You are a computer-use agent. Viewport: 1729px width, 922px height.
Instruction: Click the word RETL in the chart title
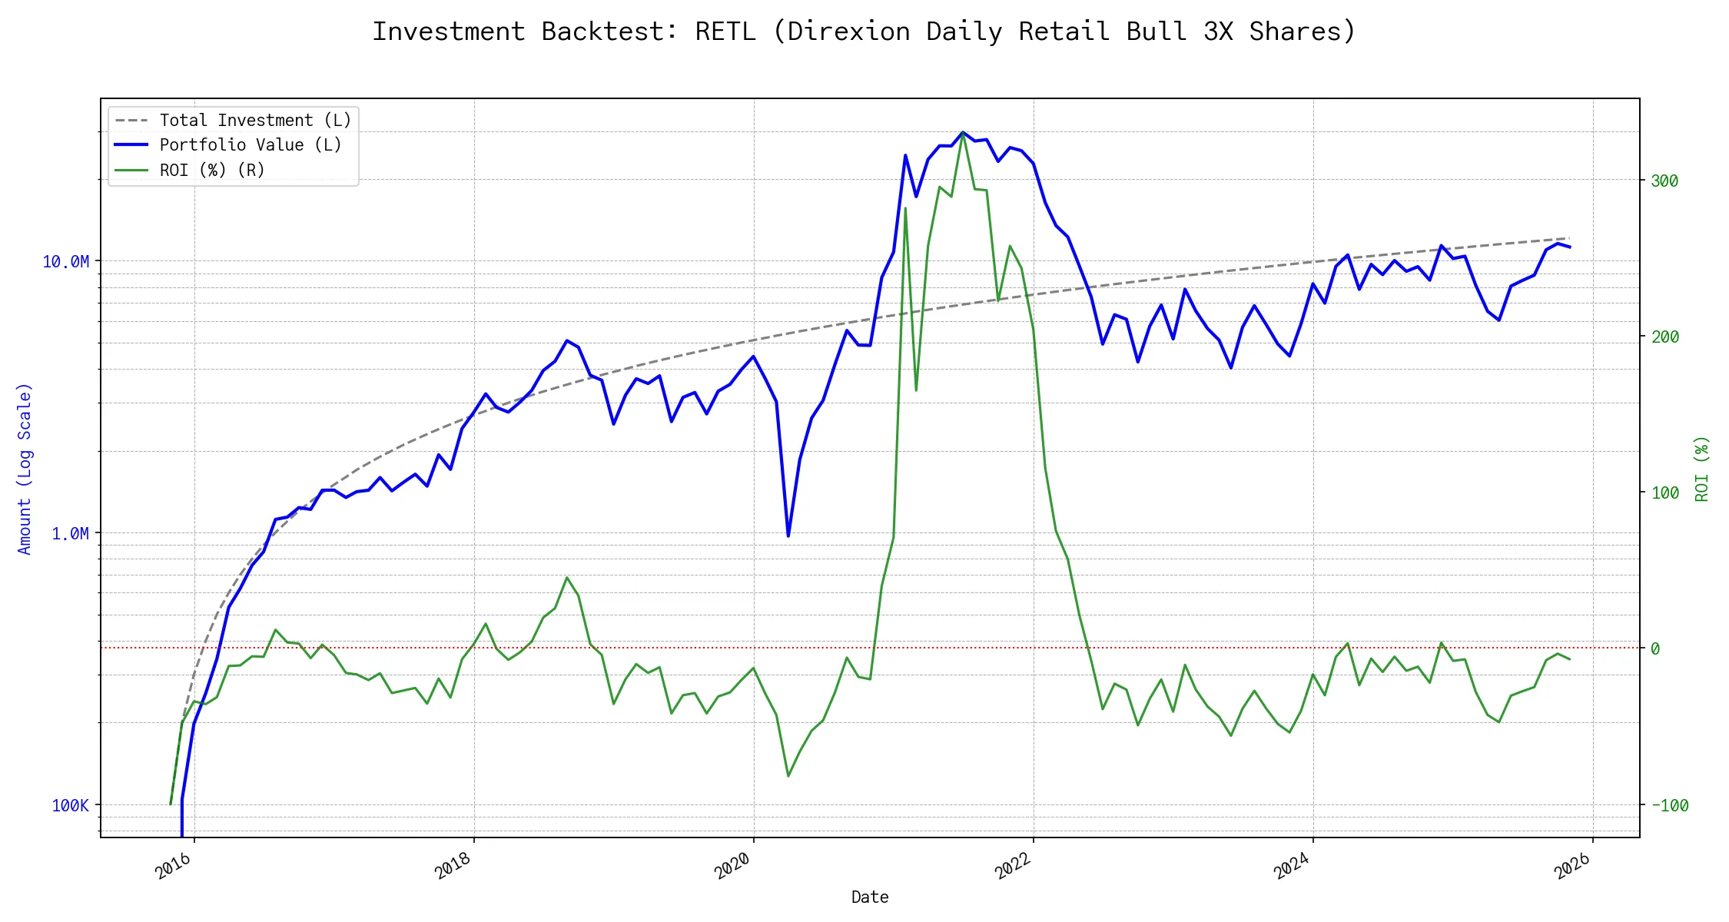(725, 32)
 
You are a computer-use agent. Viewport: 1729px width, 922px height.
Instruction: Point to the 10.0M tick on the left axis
(65, 262)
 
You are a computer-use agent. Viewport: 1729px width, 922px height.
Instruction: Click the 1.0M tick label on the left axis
(70, 534)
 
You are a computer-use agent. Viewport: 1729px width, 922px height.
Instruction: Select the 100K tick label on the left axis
(70, 806)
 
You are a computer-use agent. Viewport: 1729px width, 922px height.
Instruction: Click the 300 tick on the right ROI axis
(1664, 181)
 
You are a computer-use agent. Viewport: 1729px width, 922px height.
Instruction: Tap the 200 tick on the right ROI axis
(1664, 337)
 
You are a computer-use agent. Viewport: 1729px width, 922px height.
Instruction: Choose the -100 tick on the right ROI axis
(1669, 806)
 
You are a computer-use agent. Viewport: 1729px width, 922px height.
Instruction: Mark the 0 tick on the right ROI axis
(1655, 649)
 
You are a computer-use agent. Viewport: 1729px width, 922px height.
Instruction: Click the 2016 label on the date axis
(174, 866)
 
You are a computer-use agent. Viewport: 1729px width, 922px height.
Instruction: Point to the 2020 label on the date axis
(732, 866)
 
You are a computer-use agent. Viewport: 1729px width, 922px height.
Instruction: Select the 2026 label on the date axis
(1571, 866)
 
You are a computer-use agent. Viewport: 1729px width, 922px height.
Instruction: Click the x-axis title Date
(870, 897)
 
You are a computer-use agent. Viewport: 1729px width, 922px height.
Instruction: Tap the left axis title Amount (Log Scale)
(25, 469)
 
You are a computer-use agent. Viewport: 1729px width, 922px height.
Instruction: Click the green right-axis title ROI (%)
(1702, 469)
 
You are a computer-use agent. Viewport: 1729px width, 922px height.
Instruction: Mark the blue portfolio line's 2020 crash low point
(788, 536)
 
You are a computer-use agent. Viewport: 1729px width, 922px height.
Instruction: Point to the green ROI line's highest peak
(963, 134)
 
